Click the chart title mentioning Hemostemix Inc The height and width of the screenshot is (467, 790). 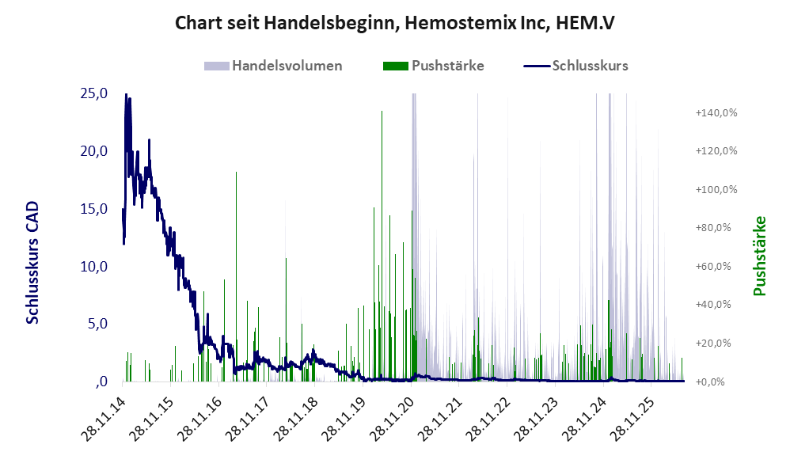click(394, 23)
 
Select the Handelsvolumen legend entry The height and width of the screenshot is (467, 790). click(273, 66)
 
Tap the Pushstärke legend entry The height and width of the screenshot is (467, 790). click(433, 66)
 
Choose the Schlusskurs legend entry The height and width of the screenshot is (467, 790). click(575, 66)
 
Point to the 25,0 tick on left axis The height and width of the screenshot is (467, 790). click(93, 93)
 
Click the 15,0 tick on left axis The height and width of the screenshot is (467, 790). click(93, 208)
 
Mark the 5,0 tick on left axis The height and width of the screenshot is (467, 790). click(97, 324)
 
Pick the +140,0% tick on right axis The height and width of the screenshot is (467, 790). click(716, 112)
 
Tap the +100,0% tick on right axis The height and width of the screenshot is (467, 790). click(716, 189)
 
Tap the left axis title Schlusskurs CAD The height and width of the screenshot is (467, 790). click(32, 263)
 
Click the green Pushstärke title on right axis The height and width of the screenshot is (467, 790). click(759, 256)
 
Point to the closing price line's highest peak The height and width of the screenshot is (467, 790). click(126, 94)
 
